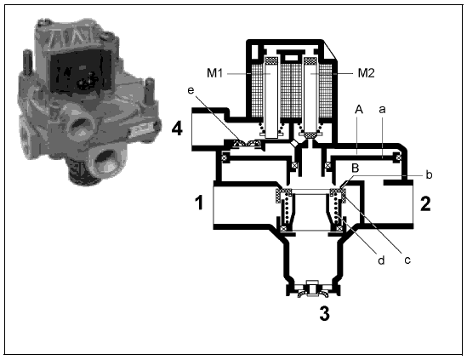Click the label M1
tap(214, 72)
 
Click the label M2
tap(366, 72)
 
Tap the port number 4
tap(177, 129)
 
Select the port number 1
tap(199, 202)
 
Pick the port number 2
tap(425, 204)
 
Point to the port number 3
tap(325, 313)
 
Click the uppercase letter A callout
tap(359, 110)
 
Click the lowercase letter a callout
tap(382, 110)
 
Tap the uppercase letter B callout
tap(355, 169)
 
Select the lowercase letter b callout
tap(429, 174)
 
